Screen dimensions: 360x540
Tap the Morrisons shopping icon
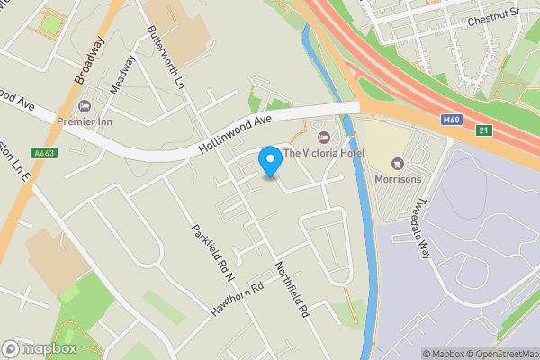click(397, 164)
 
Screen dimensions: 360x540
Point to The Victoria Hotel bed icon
click(324, 137)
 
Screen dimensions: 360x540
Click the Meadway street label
click(122, 76)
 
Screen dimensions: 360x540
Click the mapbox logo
click(40, 348)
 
